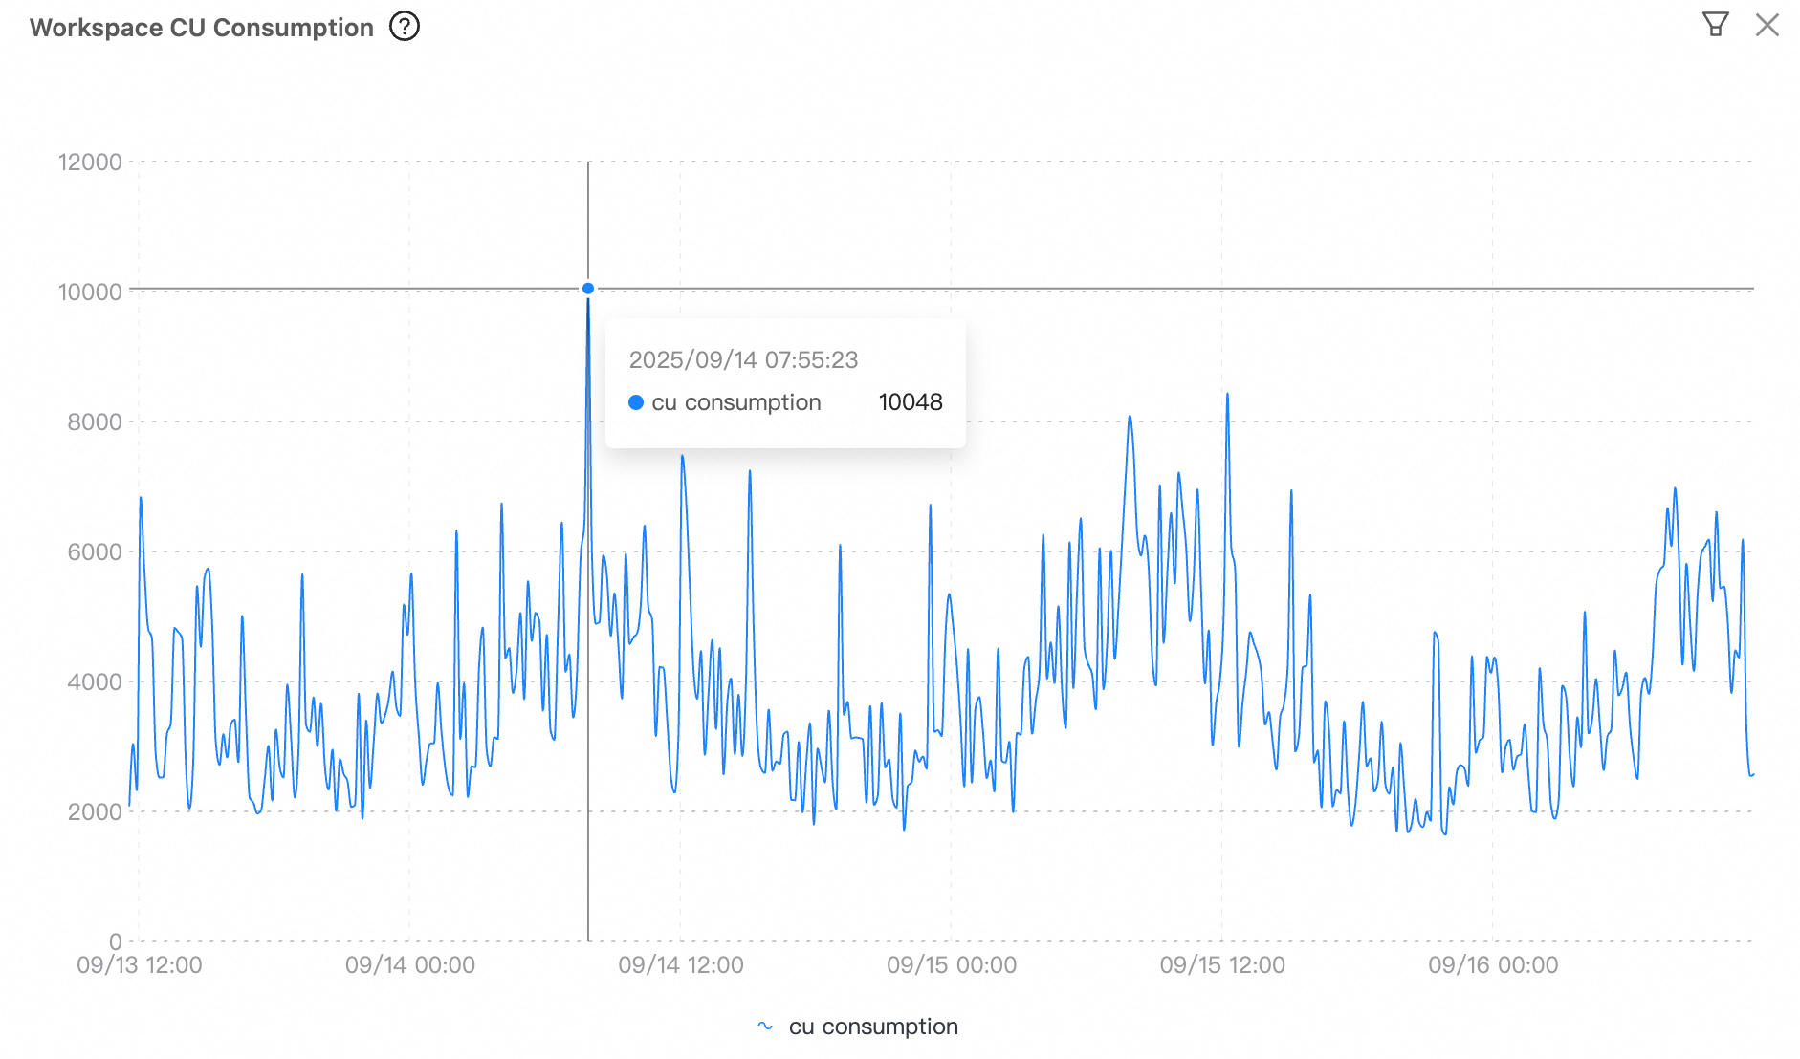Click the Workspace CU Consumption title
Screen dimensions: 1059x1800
[201, 28]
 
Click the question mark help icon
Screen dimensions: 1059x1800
[405, 27]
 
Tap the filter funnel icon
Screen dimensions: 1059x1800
[1715, 24]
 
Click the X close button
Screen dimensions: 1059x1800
[1767, 25]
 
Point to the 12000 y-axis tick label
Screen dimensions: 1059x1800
[90, 162]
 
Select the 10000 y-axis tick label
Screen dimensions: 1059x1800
[90, 292]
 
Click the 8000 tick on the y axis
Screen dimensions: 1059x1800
[95, 422]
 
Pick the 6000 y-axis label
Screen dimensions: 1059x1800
[95, 552]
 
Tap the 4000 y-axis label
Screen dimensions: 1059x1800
[95, 682]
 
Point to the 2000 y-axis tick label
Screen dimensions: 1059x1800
[95, 812]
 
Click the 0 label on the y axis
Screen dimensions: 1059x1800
[115, 941]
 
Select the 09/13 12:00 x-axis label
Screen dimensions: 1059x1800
[140, 965]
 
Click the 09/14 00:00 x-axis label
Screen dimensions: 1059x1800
[410, 965]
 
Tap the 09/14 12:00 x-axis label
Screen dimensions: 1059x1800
[681, 965]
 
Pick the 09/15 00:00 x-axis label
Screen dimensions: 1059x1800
[952, 965]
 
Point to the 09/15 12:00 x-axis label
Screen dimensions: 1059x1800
[1222, 965]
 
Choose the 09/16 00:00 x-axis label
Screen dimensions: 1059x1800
[1493, 965]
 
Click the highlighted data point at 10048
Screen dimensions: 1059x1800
[588, 289]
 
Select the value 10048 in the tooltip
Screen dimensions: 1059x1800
[911, 402]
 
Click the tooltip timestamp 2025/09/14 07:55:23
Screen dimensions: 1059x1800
[743, 360]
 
